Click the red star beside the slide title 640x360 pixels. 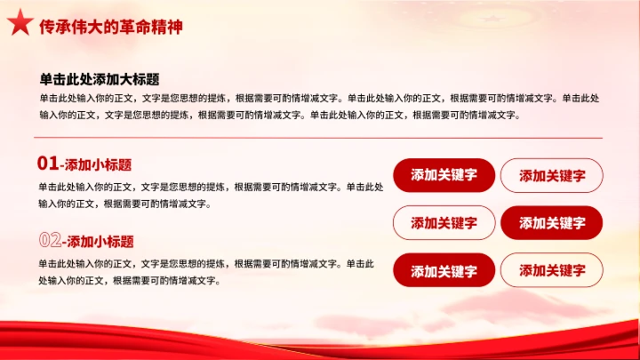(19, 26)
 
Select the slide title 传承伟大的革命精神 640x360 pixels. (111, 27)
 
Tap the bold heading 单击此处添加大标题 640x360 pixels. (100, 79)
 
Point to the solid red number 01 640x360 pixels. (48, 164)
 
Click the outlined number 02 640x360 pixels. (50, 240)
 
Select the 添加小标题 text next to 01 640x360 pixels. (99, 164)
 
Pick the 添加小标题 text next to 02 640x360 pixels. (100, 241)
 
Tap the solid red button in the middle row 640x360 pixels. (551, 223)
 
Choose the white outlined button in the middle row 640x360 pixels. (444, 223)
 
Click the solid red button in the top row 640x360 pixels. (444, 175)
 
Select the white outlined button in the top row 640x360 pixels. (551, 175)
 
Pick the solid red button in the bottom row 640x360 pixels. (444, 270)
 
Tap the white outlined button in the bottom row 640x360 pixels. (551, 270)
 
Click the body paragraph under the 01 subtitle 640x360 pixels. (211, 196)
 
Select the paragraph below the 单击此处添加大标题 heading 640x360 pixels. (320, 106)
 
